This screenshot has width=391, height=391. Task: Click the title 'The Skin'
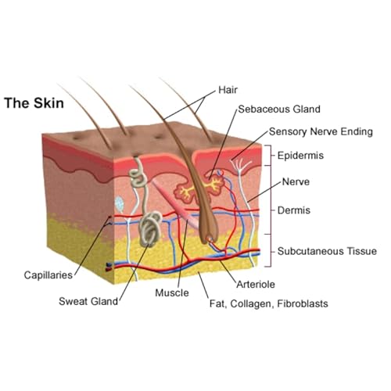point(34,102)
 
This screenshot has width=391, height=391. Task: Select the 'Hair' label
point(228,90)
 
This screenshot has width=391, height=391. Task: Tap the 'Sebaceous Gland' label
point(279,109)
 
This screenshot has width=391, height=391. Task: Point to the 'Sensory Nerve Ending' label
point(321,131)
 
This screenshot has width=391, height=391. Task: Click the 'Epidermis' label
point(300,156)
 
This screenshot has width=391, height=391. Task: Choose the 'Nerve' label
point(296,181)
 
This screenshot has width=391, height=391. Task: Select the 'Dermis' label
point(294,210)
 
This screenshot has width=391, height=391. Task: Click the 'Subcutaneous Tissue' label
point(327,251)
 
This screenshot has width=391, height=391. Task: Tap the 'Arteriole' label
point(256,284)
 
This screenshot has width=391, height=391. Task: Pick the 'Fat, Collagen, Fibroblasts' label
point(269,303)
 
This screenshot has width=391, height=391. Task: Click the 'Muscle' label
point(172,292)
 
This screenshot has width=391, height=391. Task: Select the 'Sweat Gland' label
point(88,301)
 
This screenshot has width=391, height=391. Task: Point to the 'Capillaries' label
point(48,275)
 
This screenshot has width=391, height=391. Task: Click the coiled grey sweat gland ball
point(151,228)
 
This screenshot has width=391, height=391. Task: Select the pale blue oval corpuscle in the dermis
point(120,203)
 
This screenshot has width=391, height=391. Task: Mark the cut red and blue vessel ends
point(109,267)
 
